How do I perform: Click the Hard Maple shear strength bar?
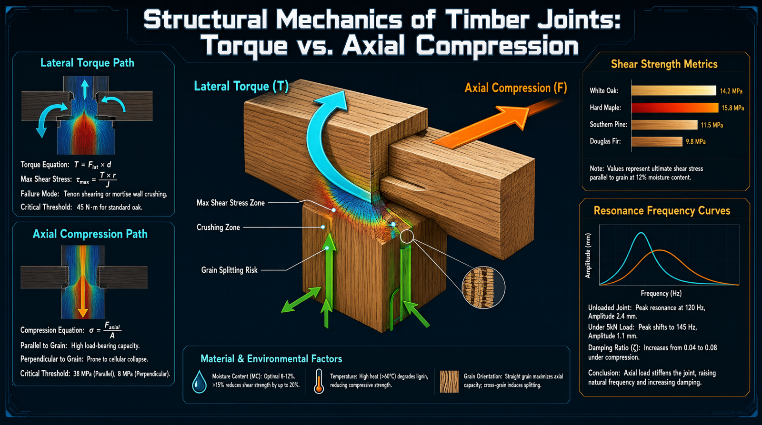674,108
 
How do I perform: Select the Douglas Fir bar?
657,141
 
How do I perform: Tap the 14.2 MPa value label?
731,91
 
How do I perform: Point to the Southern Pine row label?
608,124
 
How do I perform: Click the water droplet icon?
199,382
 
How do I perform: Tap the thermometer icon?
319,382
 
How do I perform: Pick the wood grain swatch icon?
449,382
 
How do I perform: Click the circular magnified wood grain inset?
483,287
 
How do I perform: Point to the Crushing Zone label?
218,227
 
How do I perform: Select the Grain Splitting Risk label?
229,270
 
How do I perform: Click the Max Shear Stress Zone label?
231,203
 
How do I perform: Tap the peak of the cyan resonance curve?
641,233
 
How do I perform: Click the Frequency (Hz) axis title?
661,294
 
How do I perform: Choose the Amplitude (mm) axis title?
588,256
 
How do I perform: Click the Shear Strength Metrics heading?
664,64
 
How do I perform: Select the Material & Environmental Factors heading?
271,359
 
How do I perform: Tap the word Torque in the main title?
246,46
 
